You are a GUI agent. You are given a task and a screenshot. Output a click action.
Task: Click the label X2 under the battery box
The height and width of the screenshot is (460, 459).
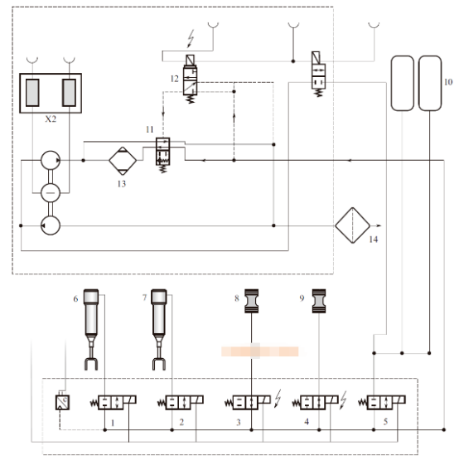pos(51,119)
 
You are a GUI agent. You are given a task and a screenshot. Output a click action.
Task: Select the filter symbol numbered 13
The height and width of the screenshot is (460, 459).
pos(123,161)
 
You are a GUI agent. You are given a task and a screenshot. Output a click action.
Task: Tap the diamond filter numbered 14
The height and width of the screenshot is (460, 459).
pos(353,225)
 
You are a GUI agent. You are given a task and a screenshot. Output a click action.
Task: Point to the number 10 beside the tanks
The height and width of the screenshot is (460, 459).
pos(448,82)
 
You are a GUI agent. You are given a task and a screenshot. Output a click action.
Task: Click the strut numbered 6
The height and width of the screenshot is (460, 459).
pos(91,329)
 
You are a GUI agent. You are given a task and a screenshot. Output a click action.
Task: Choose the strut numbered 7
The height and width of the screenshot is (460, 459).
pos(159,329)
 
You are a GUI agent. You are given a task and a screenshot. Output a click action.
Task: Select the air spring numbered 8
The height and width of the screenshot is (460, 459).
pos(252,301)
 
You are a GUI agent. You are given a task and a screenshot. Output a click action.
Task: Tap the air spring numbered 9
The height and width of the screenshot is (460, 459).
pos(319,301)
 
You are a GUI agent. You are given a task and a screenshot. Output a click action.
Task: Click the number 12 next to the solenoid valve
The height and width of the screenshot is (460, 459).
pos(175,79)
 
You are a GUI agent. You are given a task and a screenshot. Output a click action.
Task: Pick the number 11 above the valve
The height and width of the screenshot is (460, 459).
pos(150,129)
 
